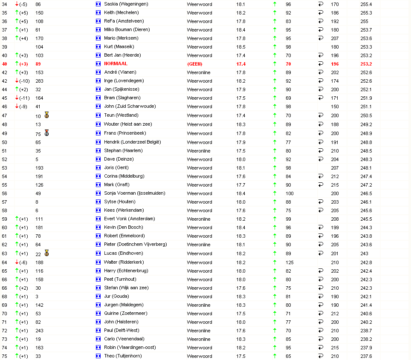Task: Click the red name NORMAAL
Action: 116,64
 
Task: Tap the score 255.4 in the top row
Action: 366,4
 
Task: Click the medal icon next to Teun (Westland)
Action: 46,115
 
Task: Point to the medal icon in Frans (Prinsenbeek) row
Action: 46,133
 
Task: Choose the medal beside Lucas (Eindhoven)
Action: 46,253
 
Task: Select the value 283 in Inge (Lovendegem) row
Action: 39,81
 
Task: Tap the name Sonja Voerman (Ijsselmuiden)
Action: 134,193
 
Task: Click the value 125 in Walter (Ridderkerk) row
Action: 289,262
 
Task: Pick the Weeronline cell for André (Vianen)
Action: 199,72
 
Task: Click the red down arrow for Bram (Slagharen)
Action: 17,98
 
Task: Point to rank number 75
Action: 4,356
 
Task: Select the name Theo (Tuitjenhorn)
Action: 123,356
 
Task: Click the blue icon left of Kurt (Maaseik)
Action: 98,47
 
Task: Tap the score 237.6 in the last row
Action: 366,356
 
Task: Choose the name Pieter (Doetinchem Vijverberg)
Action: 135,245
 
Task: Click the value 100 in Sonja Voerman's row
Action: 289,193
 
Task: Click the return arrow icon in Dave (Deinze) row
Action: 321,159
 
